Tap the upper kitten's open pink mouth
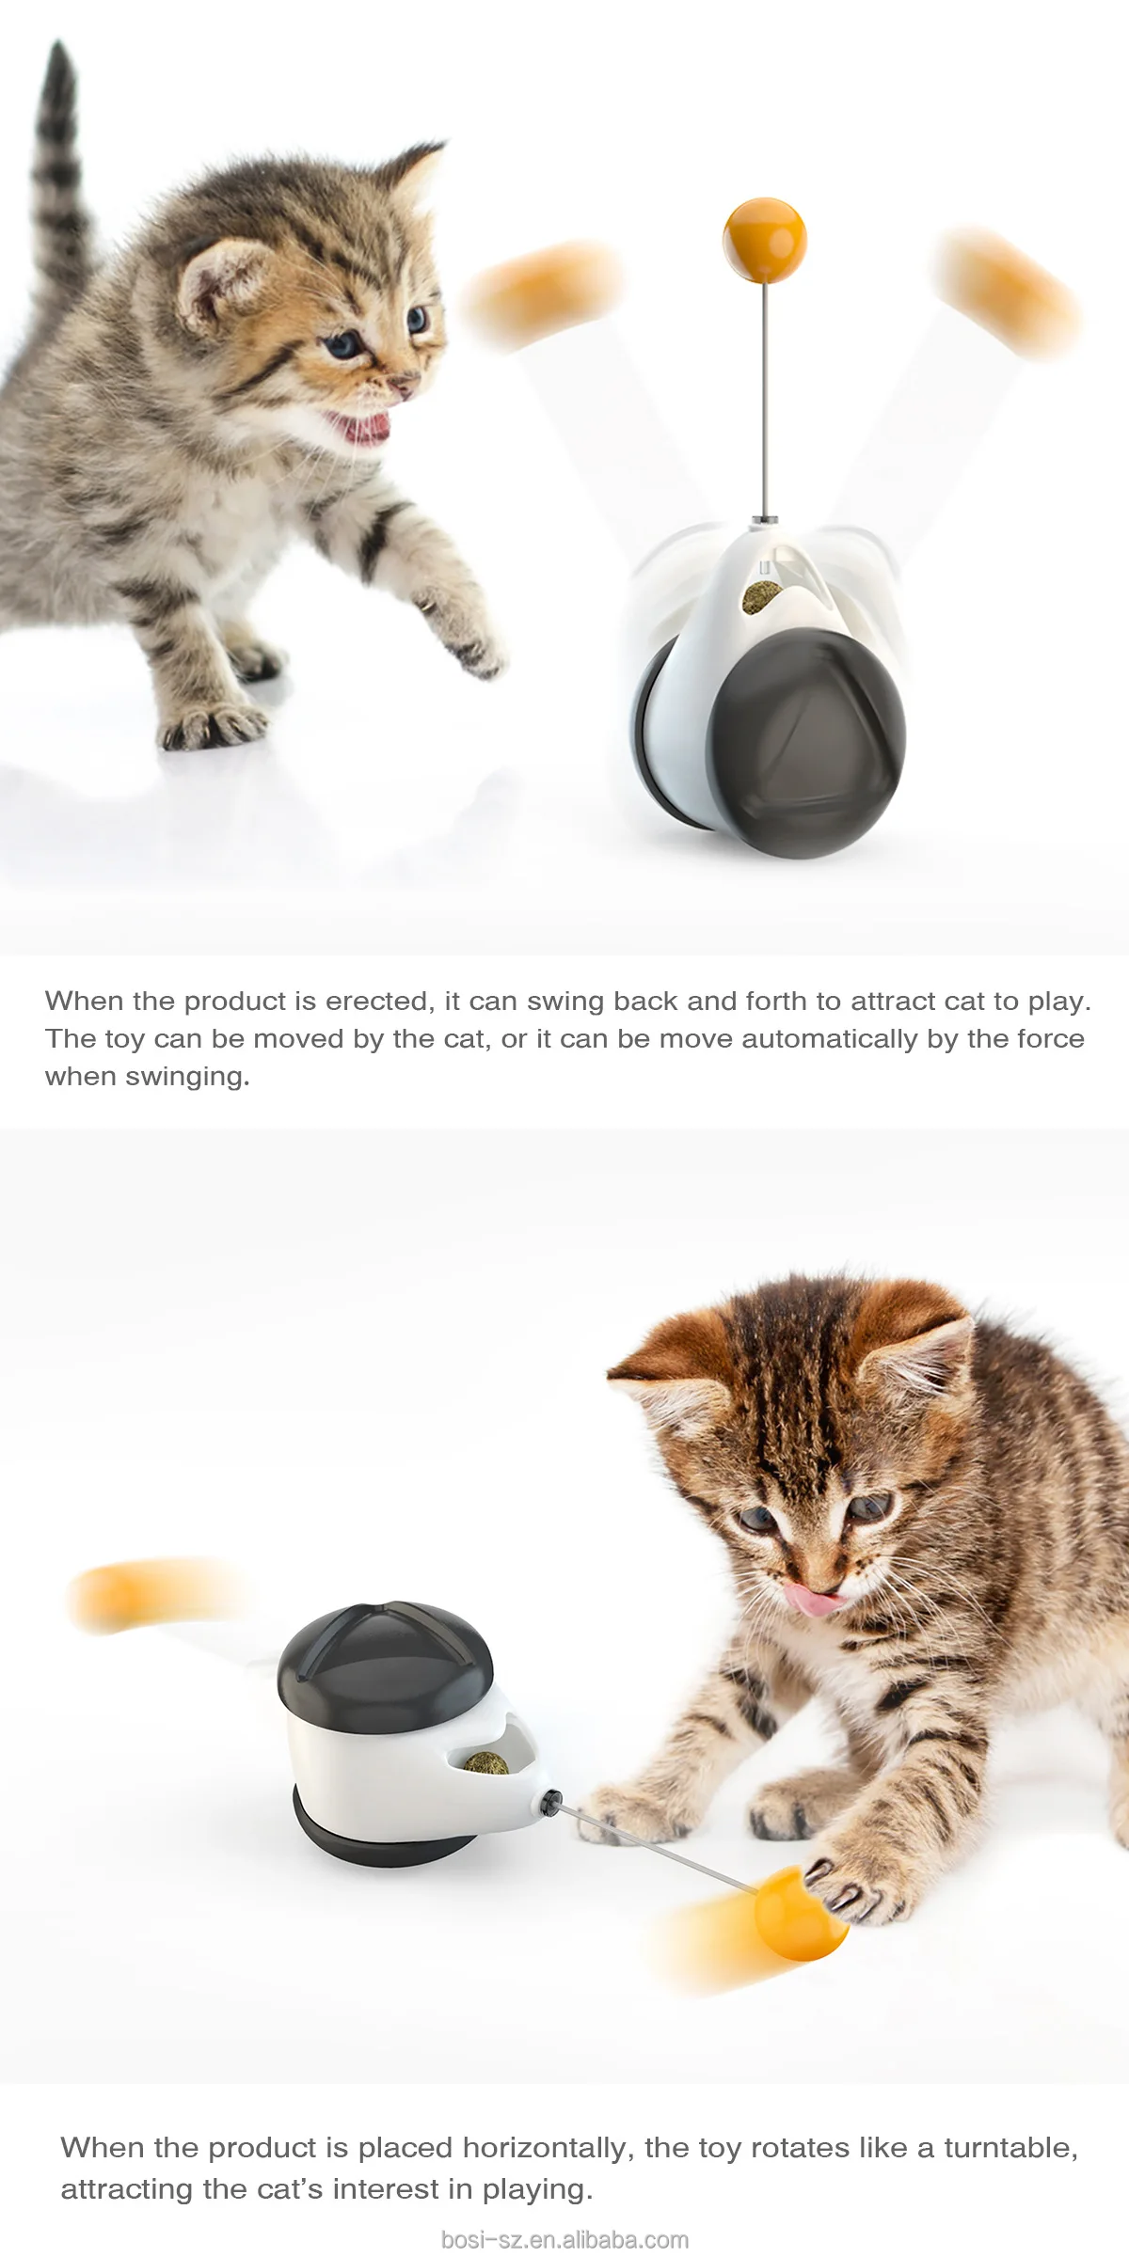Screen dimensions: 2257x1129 (x=362, y=428)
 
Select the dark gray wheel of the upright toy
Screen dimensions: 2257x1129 (x=807, y=743)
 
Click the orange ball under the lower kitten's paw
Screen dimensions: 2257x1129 (x=799, y=1914)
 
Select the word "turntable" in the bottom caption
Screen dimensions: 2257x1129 (x=1010, y=2147)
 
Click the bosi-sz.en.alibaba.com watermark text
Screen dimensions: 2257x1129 (x=564, y=2239)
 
